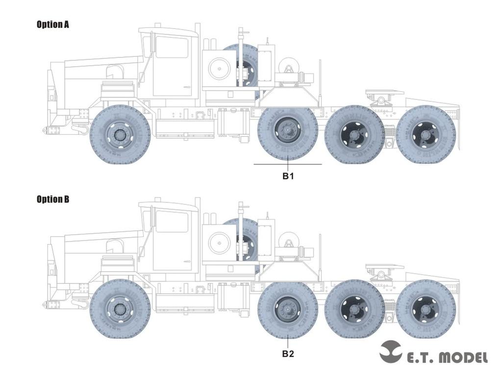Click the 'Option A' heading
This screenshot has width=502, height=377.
(52, 25)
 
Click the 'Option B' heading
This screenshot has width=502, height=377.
(52, 199)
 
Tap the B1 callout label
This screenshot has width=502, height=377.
(288, 176)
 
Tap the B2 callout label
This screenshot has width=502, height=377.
(288, 353)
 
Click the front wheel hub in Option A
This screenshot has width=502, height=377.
(120, 134)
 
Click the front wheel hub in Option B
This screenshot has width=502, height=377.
(120, 309)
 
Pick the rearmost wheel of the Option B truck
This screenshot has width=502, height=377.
(426, 309)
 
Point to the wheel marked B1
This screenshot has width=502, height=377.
(288, 133)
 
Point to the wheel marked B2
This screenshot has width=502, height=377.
(288, 309)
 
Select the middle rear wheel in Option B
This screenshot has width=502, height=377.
(354, 309)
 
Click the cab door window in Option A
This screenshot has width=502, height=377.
(172, 47)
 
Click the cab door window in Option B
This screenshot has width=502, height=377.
(172, 222)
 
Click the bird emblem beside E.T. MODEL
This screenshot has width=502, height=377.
(390, 351)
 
